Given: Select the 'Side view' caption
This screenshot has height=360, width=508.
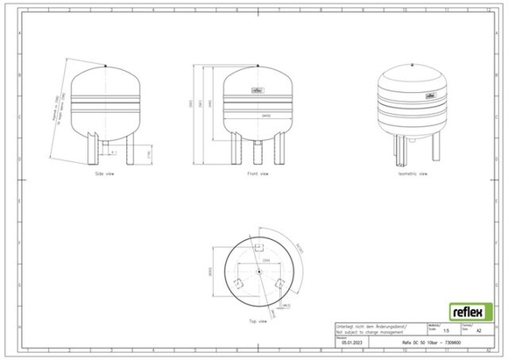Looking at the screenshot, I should click(x=106, y=173).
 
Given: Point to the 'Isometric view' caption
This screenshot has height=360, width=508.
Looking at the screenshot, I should click(x=412, y=173).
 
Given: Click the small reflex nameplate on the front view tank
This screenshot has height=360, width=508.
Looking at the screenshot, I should click(x=257, y=88).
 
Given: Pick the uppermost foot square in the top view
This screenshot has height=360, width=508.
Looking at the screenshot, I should click(x=258, y=248).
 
